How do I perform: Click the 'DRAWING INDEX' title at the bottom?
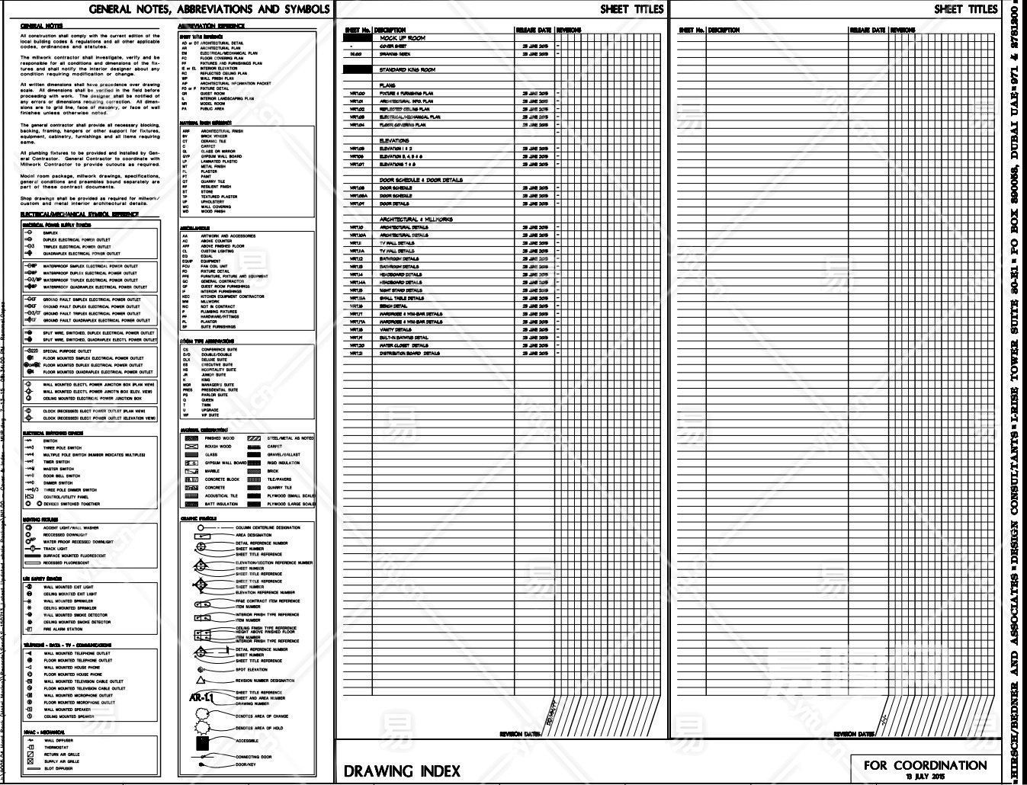pos(402,771)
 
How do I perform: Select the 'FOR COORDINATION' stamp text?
pos(925,764)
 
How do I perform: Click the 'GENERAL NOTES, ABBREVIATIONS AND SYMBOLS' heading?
pos(210,10)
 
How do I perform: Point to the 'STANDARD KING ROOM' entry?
pos(407,70)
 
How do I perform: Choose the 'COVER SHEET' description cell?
pos(393,46)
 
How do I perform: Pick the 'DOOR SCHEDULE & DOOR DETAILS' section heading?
pos(421,180)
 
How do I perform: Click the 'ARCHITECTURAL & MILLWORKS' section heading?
pos(416,219)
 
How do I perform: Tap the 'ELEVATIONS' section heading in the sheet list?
pos(394,140)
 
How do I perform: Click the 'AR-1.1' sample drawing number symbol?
pos(201,697)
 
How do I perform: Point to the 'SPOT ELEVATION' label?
pos(252,670)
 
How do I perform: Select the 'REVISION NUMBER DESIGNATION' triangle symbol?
pos(201,680)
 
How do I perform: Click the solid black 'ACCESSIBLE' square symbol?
pos(201,741)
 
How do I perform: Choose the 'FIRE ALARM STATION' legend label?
pos(63,630)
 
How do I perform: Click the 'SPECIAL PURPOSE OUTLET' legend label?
pos(67,351)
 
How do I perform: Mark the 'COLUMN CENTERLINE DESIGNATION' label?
pos(268,527)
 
